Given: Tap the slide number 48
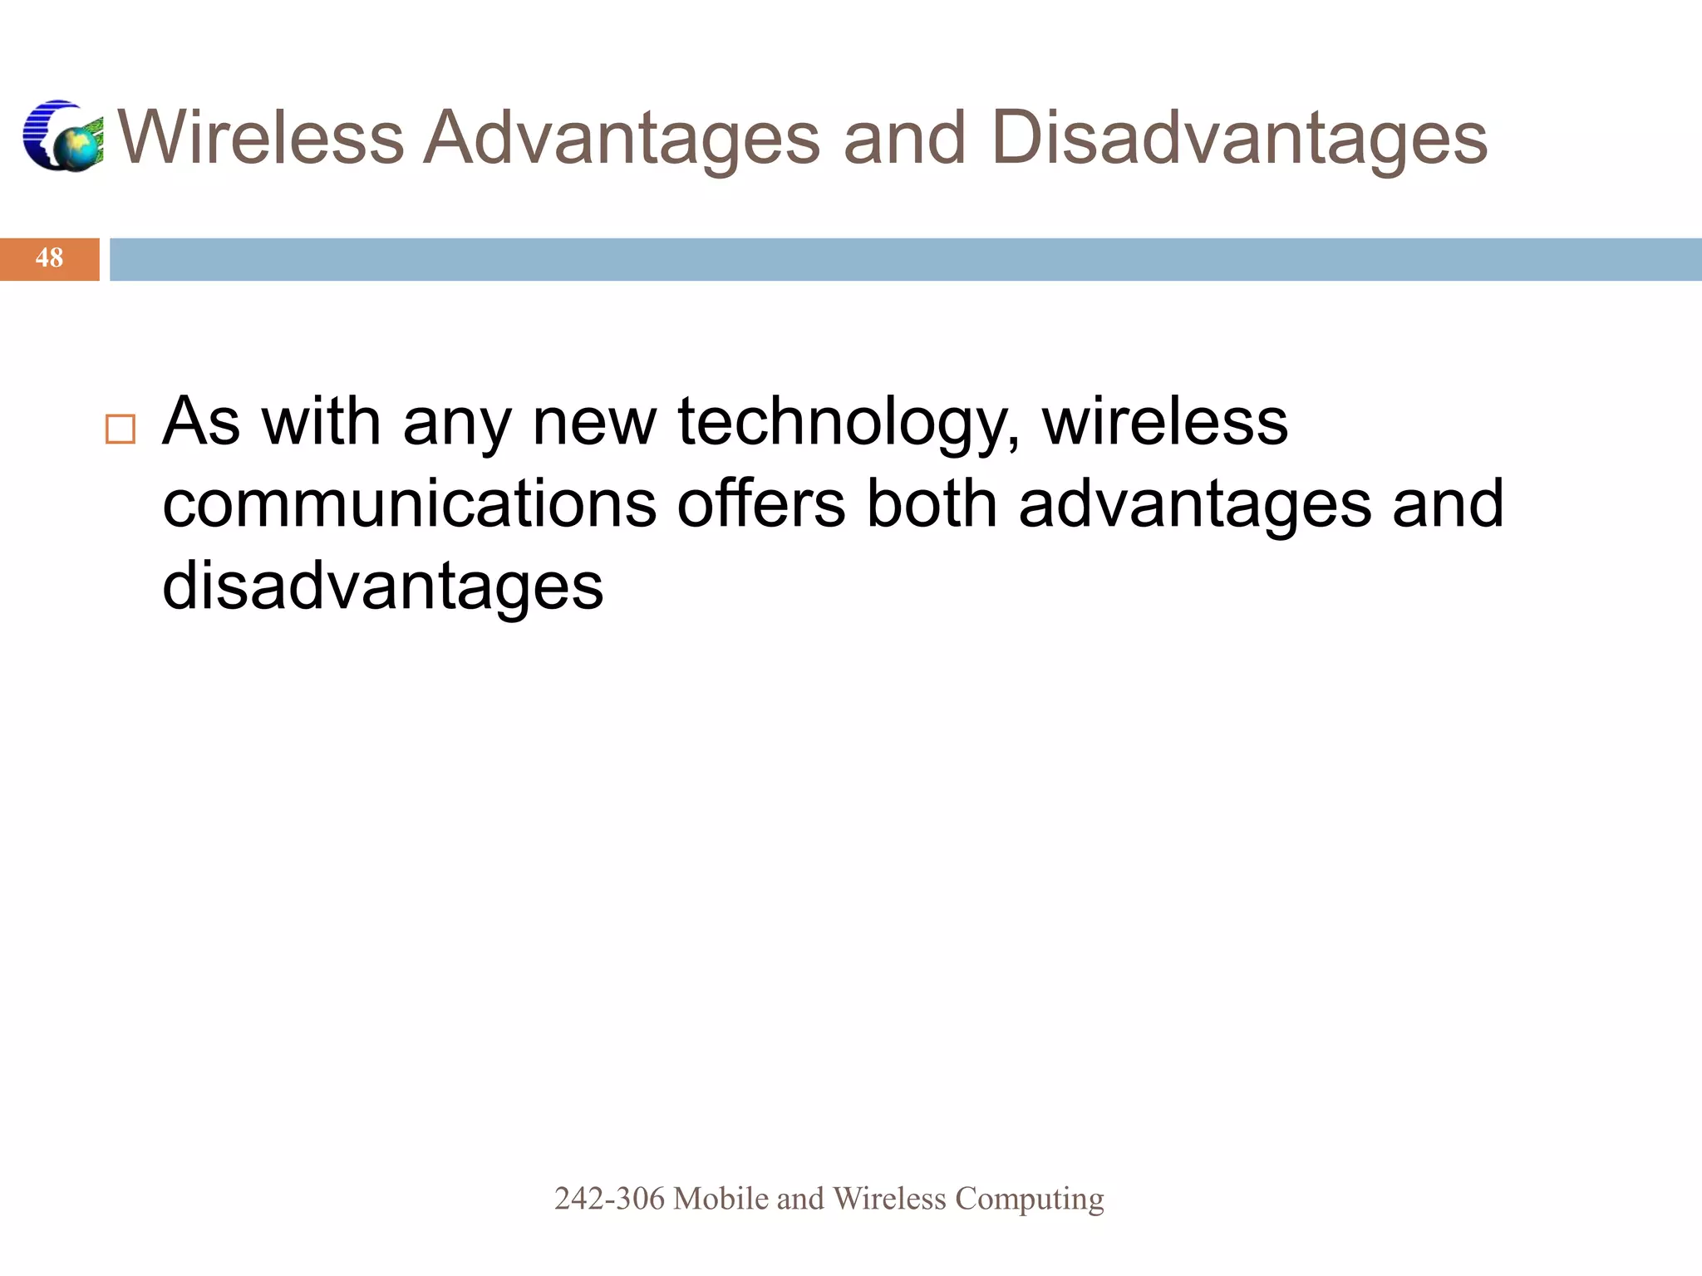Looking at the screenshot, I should pos(49,258).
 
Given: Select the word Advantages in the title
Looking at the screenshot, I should pos(622,137).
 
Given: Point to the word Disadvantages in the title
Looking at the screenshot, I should pos(1239,137).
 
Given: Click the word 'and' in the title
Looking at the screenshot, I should pos(905,137).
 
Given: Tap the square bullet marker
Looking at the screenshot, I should pos(121,429).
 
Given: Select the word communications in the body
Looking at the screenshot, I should pos(410,504).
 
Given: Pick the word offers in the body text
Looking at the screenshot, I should pos(761,504).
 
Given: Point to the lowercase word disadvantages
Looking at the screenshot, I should pos(383,586).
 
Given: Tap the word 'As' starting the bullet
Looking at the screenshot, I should pos(202,422).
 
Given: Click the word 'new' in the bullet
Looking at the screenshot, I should pos(594,422).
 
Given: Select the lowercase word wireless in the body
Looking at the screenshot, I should pos(1165,422).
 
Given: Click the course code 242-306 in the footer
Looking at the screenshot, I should pos(609,1199).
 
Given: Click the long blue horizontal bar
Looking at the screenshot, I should pos(905,259).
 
